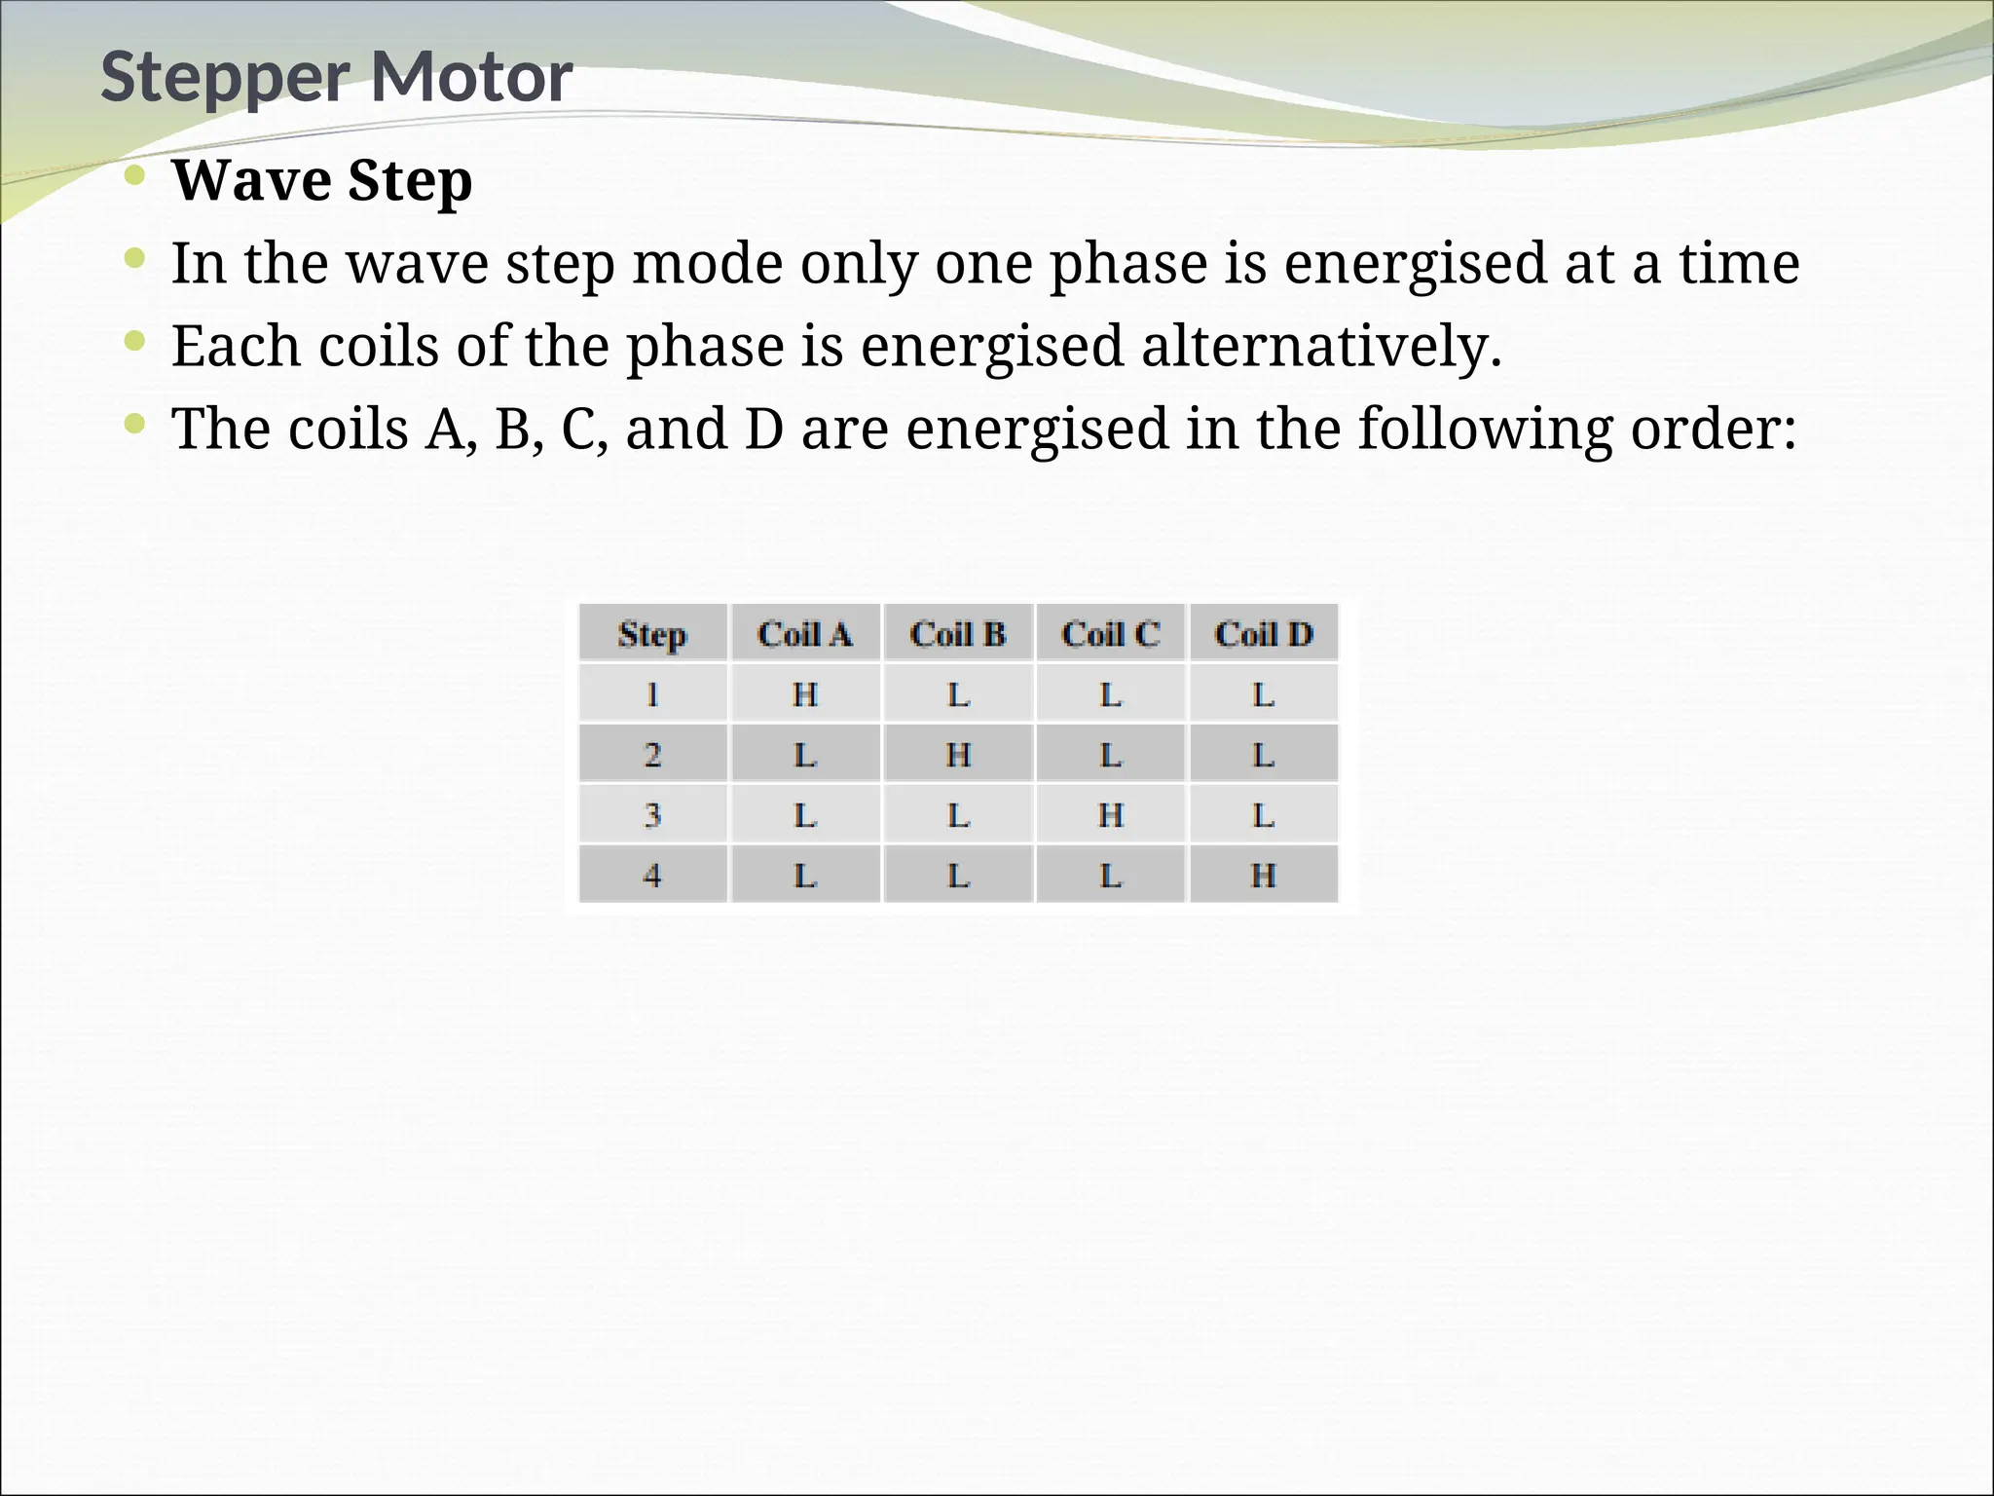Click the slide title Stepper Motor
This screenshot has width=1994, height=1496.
(x=336, y=77)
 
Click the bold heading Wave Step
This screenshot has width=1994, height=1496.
(x=322, y=180)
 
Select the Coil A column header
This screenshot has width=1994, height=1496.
(x=805, y=634)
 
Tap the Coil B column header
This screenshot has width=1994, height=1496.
(x=958, y=634)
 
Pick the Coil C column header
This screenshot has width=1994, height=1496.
(x=1111, y=634)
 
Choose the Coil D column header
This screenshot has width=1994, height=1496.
(x=1264, y=634)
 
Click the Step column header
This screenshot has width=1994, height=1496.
(x=652, y=634)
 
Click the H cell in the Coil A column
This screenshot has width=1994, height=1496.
(x=805, y=694)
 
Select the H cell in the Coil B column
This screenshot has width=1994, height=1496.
(x=958, y=755)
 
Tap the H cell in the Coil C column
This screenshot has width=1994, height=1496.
(x=1111, y=814)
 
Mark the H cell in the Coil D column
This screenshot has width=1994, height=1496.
(x=1264, y=875)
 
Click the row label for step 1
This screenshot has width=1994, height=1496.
(x=652, y=694)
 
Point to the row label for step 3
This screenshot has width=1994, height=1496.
(x=652, y=814)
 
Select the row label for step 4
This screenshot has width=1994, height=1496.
(x=652, y=875)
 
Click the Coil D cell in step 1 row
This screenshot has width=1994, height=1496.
(x=1264, y=694)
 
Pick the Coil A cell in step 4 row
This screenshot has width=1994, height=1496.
(x=805, y=875)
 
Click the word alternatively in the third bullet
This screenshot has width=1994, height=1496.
(x=1320, y=346)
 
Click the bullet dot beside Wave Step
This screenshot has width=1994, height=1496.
(x=135, y=176)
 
